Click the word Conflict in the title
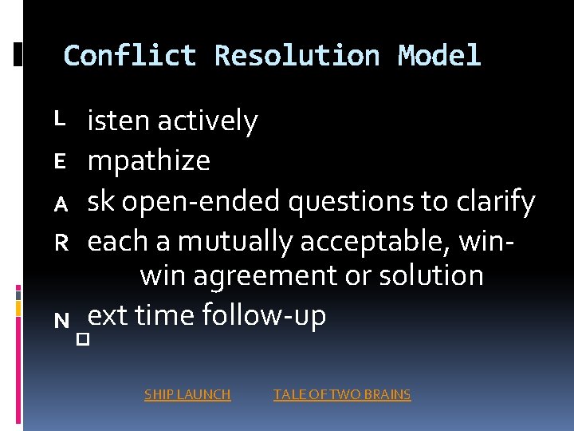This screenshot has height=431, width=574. tap(130, 56)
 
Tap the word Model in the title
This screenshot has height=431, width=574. tap(439, 56)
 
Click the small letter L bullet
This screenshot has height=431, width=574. tap(58, 118)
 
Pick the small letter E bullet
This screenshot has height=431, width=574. tap(58, 162)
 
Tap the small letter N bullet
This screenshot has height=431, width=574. tap(61, 321)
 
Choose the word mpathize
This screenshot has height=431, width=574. tap(149, 161)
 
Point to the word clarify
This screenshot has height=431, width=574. tap(493, 202)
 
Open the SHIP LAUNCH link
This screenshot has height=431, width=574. tap(187, 394)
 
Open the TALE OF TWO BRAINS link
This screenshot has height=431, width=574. tap(342, 394)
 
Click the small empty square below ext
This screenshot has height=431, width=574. tap(81, 340)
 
